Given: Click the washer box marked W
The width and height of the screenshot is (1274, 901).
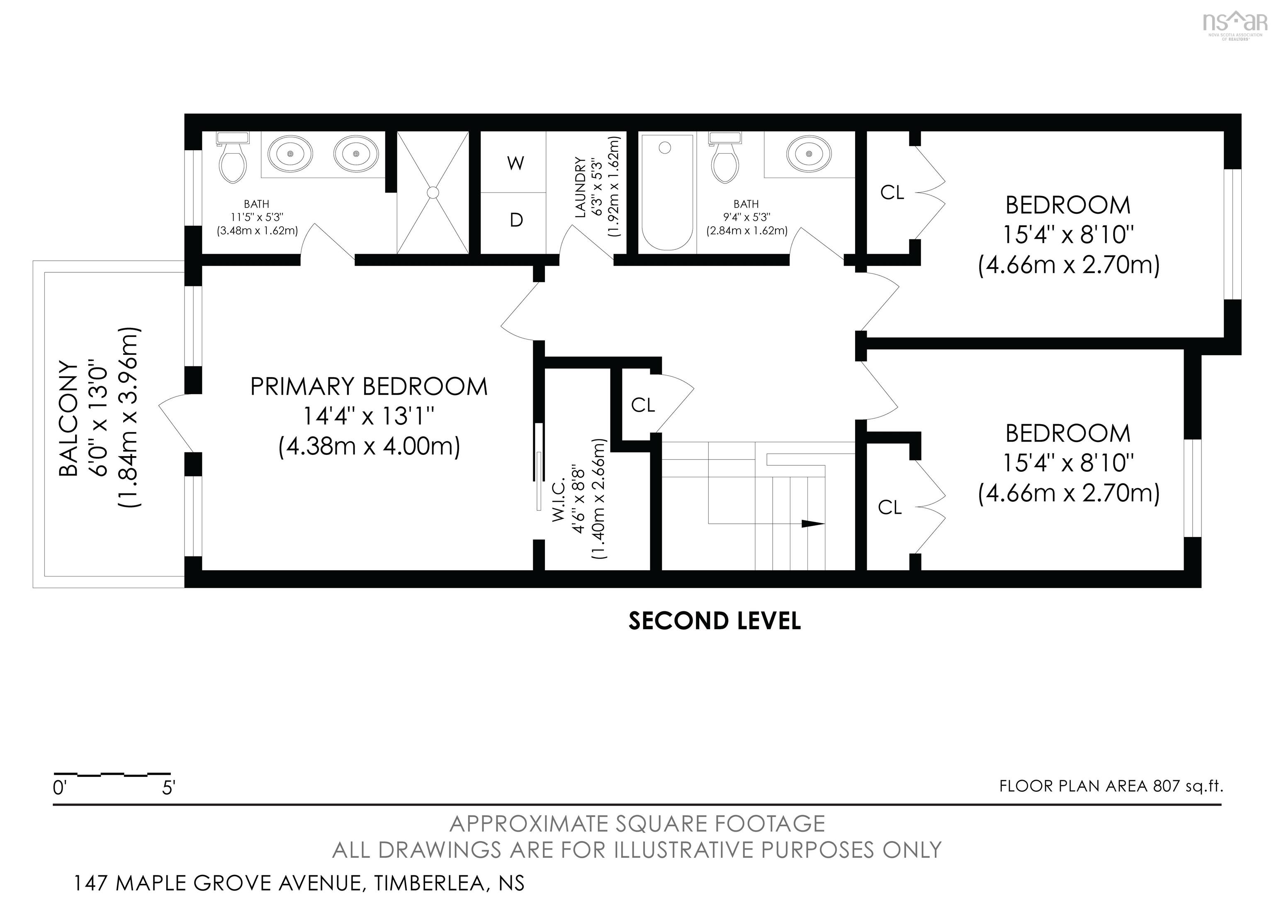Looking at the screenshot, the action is click(513, 162).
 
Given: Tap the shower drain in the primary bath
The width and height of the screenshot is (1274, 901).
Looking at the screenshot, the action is click(433, 192).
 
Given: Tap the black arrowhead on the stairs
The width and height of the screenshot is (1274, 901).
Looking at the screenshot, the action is click(813, 523).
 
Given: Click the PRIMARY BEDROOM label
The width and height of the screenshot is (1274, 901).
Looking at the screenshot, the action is click(369, 387).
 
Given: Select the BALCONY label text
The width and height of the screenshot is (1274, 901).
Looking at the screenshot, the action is click(69, 419).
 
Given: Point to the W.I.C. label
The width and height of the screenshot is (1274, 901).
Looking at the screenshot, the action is click(559, 500).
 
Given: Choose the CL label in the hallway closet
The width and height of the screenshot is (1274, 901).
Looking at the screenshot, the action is click(643, 405).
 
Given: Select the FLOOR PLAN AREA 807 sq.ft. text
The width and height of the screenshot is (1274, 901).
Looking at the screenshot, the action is click(1111, 786).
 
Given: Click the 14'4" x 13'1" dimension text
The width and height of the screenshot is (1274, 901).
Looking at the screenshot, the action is click(368, 416).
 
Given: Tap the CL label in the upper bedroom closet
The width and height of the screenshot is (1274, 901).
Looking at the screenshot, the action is click(892, 192).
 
